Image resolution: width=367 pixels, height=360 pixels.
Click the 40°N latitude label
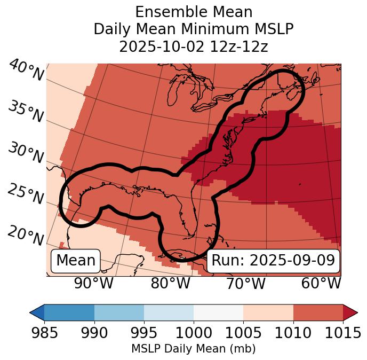pyautogui.click(x=26, y=71)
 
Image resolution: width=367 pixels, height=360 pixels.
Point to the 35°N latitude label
pyautogui.click(x=26, y=112)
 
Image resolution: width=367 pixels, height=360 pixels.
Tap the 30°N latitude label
pyautogui.click(x=26, y=153)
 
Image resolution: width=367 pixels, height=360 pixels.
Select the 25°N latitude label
pyautogui.click(x=26, y=194)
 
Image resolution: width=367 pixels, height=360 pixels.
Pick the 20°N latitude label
pyautogui.click(x=26, y=235)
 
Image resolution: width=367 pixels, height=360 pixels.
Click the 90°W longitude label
pyautogui.click(x=94, y=283)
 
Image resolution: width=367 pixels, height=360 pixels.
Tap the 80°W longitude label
pyautogui.click(x=170, y=283)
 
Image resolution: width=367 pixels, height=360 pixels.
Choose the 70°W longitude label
pyautogui.click(x=245, y=283)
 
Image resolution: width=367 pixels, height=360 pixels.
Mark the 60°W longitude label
pyautogui.click(x=321, y=283)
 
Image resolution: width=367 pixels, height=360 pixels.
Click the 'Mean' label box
pyautogui.click(x=76, y=261)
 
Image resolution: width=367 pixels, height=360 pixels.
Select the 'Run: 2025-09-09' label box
pyautogui.click(x=273, y=261)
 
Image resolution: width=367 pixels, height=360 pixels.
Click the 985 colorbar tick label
pyautogui.click(x=45, y=333)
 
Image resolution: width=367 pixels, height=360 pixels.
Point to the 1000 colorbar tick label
pyautogui.click(x=194, y=333)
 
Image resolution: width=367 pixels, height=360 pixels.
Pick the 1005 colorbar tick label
pyautogui.click(x=243, y=333)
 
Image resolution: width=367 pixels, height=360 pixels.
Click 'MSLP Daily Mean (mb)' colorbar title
pyautogui.click(x=193, y=349)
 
